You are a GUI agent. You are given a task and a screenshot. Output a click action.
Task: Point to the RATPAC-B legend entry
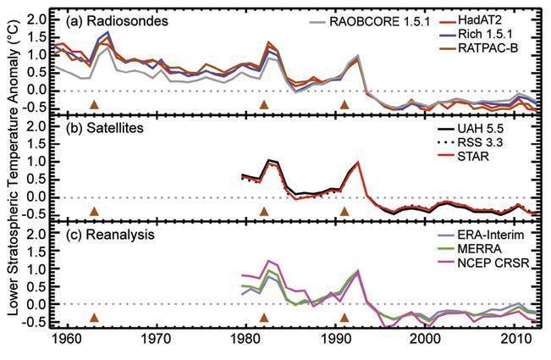[505, 46]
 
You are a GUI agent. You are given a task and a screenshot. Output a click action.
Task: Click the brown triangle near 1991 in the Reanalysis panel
[344, 318]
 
